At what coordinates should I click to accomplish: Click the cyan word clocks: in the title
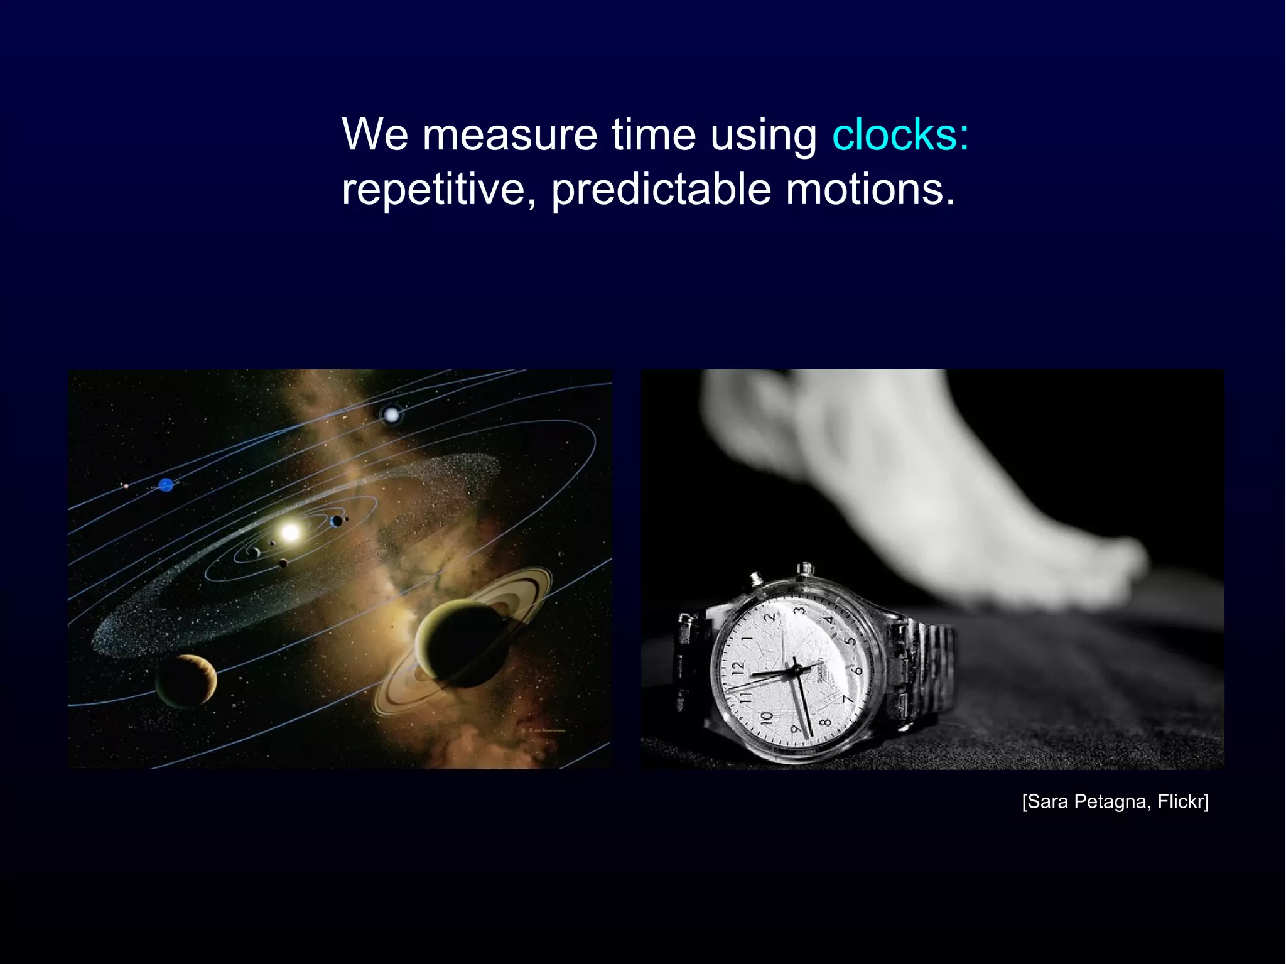900,134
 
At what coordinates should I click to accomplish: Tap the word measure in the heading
509,134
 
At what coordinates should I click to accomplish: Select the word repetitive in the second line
433,190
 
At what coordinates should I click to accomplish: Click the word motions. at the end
870,190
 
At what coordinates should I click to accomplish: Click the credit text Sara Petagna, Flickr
1115,802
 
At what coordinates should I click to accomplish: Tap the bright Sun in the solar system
290,533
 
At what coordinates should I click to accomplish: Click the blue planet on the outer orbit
166,485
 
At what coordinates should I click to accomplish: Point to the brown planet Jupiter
186,681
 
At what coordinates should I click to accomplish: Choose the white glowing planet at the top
391,414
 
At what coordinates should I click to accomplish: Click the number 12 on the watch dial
737,667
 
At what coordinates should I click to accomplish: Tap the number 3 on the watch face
799,610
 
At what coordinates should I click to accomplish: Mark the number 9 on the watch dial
795,728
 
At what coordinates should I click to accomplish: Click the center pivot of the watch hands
796,671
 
